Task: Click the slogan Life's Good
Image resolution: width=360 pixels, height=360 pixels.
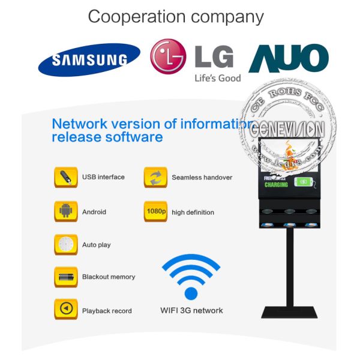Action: pyautogui.click(x=217, y=78)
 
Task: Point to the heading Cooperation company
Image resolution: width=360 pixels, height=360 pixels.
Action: pyautogui.click(x=176, y=16)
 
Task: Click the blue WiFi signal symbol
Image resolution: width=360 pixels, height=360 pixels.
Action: pyautogui.click(x=191, y=277)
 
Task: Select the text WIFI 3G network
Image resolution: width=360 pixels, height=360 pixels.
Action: pyautogui.click(x=191, y=310)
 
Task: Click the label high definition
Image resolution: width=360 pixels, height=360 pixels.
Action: pyautogui.click(x=193, y=212)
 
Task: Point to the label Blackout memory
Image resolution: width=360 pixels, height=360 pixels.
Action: pyautogui.click(x=109, y=277)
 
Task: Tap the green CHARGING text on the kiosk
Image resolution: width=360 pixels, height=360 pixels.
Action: pyautogui.click(x=276, y=185)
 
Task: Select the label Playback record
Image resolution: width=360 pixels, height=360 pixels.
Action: pyautogui.click(x=107, y=311)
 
